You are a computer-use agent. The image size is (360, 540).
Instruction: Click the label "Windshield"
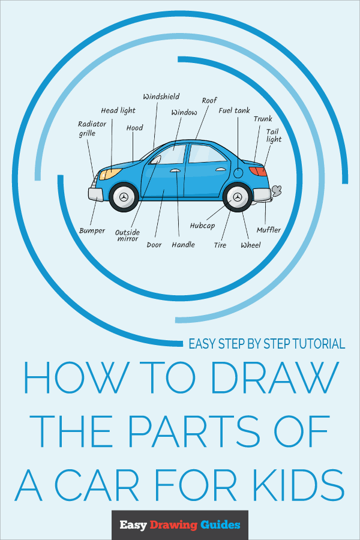pyautogui.click(x=161, y=97)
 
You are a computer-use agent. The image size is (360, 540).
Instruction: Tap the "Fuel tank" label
pyautogui.click(x=234, y=110)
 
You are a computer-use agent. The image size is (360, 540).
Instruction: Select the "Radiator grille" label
pyautogui.click(x=92, y=129)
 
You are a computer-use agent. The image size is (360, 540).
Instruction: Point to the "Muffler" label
pyautogui.click(x=268, y=230)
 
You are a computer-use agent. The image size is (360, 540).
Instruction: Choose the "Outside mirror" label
pyautogui.click(x=127, y=235)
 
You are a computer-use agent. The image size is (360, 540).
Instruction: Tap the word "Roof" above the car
pyautogui.click(x=209, y=101)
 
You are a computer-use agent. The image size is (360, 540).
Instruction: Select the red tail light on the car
pyautogui.click(x=257, y=172)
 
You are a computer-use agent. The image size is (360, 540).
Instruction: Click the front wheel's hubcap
pyautogui.click(x=124, y=197)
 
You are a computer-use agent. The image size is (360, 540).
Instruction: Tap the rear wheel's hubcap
pyautogui.click(x=238, y=197)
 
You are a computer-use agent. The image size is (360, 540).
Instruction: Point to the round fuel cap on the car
pyautogui.click(x=238, y=173)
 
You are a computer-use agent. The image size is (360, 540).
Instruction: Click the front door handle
pyautogui.click(x=175, y=172)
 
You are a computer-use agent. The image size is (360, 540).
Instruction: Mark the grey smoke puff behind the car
pyautogui.click(x=277, y=191)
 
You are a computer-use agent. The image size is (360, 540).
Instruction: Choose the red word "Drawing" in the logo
pyautogui.click(x=175, y=525)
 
